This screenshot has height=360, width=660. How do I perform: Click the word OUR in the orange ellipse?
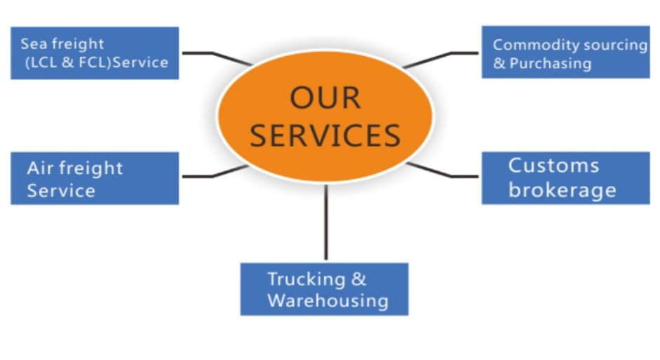pyautogui.click(x=325, y=98)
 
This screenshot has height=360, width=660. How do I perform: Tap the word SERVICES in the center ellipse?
pyautogui.click(x=325, y=135)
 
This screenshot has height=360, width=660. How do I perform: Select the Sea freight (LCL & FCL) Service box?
pyautogui.click(x=95, y=53)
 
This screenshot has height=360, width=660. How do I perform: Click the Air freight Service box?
pyautogui.click(x=95, y=178)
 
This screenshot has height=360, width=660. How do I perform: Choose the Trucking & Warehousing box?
pyautogui.click(x=324, y=289)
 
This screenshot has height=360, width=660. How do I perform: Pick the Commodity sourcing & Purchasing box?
pyautogui.click(x=565, y=53)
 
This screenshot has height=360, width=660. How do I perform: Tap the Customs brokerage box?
pyautogui.click(x=565, y=178)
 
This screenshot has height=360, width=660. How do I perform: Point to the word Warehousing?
pyautogui.click(x=328, y=301)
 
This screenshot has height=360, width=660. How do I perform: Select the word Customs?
pyautogui.click(x=553, y=166)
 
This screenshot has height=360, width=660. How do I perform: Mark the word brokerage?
pyautogui.click(x=562, y=190)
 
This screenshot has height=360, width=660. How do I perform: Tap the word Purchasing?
pyautogui.click(x=550, y=63)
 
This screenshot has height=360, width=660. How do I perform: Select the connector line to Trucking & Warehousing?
pyautogui.click(x=325, y=221)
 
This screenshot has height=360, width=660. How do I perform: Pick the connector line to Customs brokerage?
pyautogui.click(x=442, y=172)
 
